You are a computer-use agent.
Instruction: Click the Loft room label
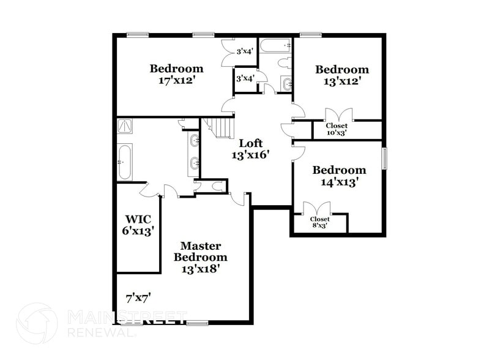point(251,143)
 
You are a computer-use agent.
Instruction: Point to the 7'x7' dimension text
point(138,298)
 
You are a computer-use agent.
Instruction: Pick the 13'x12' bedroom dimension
point(342,81)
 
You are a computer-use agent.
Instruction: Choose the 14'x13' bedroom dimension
point(339,181)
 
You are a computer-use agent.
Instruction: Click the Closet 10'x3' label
point(337,129)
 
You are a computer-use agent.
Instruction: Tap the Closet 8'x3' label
point(319,222)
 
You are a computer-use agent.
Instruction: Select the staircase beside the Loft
point(219,127)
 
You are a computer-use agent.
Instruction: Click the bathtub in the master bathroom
point(124,162)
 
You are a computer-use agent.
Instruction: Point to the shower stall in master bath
point(126,126)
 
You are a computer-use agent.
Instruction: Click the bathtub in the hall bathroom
point(275,46)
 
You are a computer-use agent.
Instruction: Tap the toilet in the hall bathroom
point(284,62)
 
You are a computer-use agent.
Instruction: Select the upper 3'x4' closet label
point(245,51)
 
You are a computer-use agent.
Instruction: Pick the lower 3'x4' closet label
point(245,78)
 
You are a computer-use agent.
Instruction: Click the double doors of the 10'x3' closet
point(338,116)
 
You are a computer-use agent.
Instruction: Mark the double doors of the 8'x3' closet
point(319,209)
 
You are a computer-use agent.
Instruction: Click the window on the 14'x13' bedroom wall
point(385,158)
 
